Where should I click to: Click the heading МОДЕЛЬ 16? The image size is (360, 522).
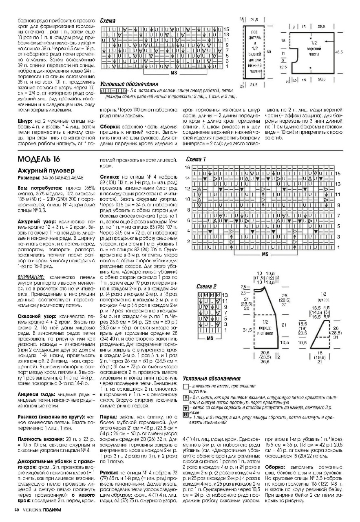(x=40, y=158)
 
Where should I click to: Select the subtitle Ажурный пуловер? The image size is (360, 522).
(x=40, y=170)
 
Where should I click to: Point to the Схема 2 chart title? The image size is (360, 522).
(x=206, y=286)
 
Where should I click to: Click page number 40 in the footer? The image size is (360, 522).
(x=17, y=510)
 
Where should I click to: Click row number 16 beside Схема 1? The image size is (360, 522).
(x=187, y=168)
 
